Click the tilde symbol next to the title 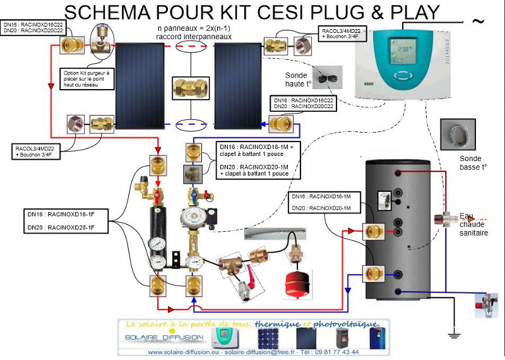[x=478, y=21]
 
